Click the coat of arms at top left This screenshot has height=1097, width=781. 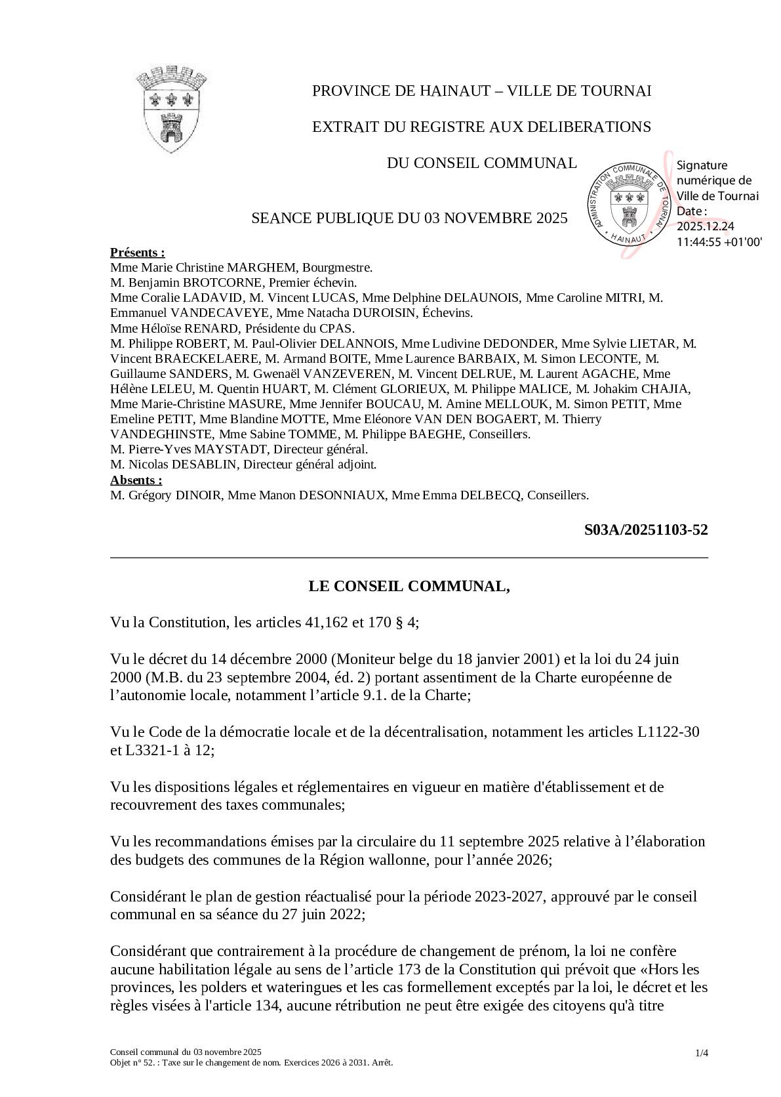pyautogui.click(x=171, y=108)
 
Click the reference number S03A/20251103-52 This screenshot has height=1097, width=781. pyautogui.click(x=645, y=530)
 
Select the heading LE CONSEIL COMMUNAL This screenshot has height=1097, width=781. pyautogui.click(x=409, y=586)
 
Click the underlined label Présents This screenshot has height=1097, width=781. pyautogui.click(x=137, y=253)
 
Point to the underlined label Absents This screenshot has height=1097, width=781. pyautogui.click(x=136, y=480)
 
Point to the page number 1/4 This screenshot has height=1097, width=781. pyautogui.click(x=701, y=1053)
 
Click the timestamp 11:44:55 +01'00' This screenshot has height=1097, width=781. pyautogui.click(x=719, y=241)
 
